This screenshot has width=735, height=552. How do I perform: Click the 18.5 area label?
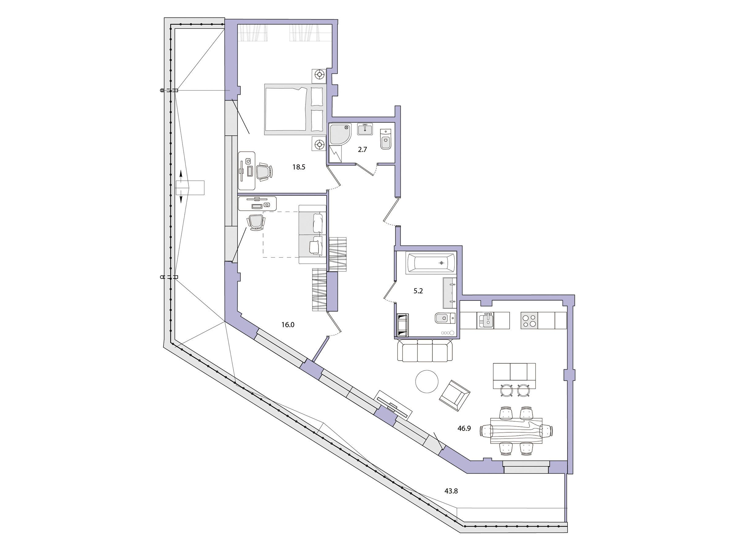coord(298,167)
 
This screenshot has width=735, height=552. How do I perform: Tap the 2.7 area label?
coord(362,149)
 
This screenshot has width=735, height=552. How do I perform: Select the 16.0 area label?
coord(288,324)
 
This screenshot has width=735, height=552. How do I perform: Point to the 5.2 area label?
coord(418,291)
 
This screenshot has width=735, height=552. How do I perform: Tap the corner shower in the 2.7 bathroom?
coord(341,134)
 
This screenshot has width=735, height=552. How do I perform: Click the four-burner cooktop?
coord(529,320)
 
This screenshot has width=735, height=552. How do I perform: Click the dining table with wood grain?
coord(516,431)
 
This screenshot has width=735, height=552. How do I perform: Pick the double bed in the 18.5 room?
coord(294,109)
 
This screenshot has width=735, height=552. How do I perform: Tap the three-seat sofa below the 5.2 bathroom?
coord(425,350)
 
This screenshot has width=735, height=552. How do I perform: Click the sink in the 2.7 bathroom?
coord(365,129)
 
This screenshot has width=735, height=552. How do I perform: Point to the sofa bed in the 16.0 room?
coord(312,234)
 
